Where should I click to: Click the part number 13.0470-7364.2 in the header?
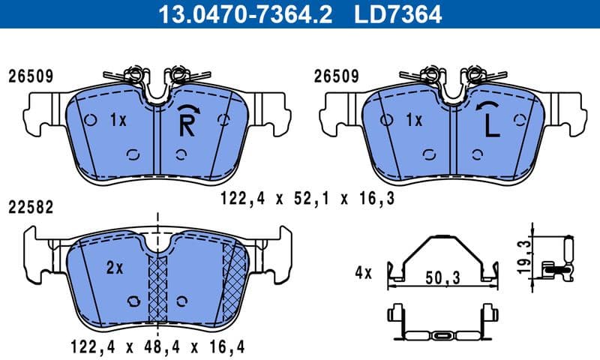(x=241, y=13)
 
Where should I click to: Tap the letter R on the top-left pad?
(x=187, y=126)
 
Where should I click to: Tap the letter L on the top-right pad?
(x=491, y=126)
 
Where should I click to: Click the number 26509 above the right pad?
(x=336, y=76)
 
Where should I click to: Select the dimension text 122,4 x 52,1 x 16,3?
(x=307, y=199)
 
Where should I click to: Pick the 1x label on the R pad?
(x=118, y=119)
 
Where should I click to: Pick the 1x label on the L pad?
(x=414, y=119)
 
